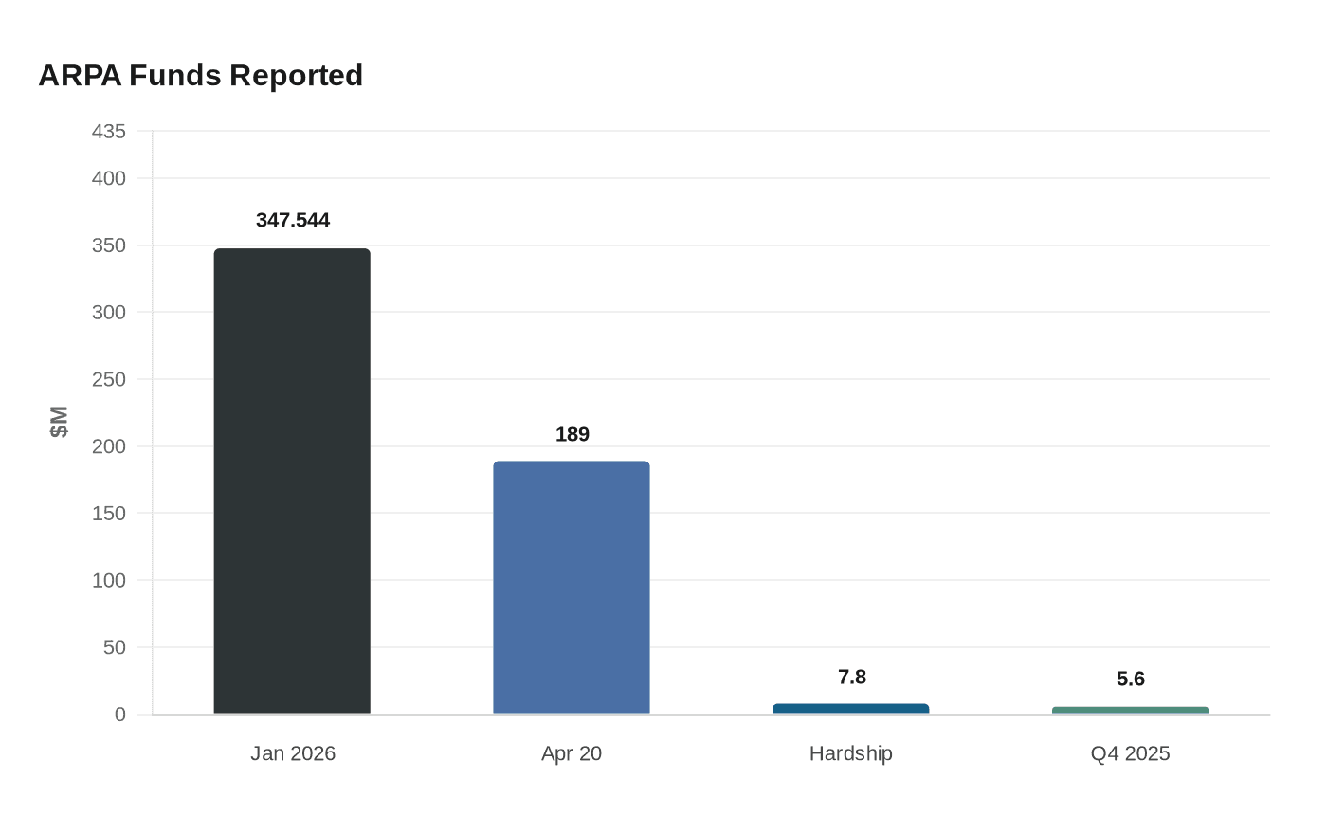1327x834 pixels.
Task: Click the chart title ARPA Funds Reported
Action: [x=200, y=75]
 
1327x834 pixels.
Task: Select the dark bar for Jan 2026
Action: [x=292, y=481]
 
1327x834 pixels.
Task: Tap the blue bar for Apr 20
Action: [x=572, y=588]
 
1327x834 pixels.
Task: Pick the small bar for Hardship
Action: [x=850, y=709]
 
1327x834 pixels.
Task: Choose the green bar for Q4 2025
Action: [x=1130, y=710]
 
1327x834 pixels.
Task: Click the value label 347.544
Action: [x=293, y=221]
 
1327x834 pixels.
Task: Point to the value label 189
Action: [x=572, y=435]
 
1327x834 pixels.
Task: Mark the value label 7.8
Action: [x=851, y=677]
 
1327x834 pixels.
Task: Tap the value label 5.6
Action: [x=1130, y=679]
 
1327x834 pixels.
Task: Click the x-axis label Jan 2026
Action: [x=293, y=753]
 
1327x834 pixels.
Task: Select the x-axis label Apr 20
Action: [x=572, y=753]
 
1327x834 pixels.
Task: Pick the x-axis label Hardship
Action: [x=850, y=753]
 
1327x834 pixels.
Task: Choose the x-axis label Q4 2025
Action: [x=1130, y=753]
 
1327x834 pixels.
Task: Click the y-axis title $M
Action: [x=59, y=422]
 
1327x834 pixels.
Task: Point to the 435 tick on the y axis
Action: [x=109, y=132]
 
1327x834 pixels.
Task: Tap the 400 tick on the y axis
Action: [x=109, y=178]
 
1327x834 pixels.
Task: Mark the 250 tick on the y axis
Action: [x=109, y=379]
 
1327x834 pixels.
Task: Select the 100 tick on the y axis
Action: [x=109, y=580]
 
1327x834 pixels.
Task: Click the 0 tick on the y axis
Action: [x=119, y=715]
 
